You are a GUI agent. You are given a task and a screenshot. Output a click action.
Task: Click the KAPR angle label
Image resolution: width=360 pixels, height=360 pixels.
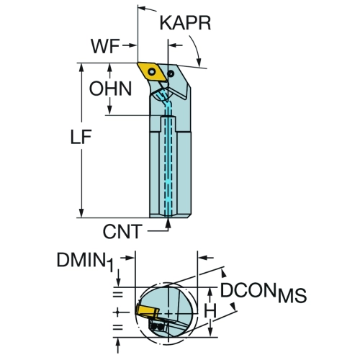pyautogui.click(x=185, y=23)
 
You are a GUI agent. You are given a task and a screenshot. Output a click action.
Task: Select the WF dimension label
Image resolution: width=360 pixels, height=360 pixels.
pyautogui.click(x=105, y=46)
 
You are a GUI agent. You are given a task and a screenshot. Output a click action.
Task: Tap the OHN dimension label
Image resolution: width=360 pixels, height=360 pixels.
pyautogui.click(x=110, y=89)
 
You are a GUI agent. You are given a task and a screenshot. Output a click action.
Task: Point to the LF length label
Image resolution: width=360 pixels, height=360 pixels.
pyautogui.click(x=81, y=137)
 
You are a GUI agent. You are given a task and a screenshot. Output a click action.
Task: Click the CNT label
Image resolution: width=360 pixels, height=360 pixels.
pyautogui.click(x=122, y=232)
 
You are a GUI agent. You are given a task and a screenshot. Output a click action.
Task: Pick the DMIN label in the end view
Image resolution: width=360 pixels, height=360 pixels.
pyautogui.click(x=81, y=260)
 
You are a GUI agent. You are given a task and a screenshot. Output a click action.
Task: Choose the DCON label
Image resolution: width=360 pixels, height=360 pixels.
pyautogui.click(x=248, y=290)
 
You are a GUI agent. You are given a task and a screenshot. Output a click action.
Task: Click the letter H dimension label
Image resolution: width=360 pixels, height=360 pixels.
pyautogui.click(x=210, y=311)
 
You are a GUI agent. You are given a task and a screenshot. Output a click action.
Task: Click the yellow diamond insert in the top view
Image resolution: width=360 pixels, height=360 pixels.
pyautogui.click(x=152, y=72)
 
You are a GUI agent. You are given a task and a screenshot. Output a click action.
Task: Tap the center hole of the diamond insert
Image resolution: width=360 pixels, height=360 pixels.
pyautogui.click(x=152, y=72)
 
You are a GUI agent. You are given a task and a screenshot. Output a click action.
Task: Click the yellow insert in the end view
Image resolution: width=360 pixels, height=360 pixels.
pyautogui.click(x=147, y=310)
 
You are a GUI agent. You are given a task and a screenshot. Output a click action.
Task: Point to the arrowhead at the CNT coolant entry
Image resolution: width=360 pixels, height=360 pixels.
pyautogui.click(x=168, y=223)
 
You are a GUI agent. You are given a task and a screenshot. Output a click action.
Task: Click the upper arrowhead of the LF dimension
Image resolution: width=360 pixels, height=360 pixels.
pyautogui.click(x=81, y=68)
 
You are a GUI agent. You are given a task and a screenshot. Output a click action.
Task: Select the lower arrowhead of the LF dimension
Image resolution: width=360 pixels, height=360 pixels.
pyautogui.click(x=81, y=213)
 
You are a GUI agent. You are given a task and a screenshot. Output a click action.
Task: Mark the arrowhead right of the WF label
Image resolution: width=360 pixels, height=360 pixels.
pyautogui.click(x=132, y=45)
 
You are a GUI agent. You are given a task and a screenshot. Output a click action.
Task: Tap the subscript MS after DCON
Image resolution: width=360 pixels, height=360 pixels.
pyautogui.click(x=292, y=295)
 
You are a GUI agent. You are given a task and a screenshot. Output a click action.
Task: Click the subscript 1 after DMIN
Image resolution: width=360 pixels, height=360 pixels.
pyautogui.click(x=110, y=266)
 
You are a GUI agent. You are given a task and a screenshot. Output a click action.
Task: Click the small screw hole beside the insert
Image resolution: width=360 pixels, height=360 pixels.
pyautogui.click(x=171, y=73)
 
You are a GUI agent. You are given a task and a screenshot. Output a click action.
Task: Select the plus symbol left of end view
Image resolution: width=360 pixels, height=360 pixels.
pyautogui.click(x=117, y=312)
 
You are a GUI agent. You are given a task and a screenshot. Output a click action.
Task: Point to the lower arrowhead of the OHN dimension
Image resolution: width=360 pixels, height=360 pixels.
pyautogui.click(x=109, y=110)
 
